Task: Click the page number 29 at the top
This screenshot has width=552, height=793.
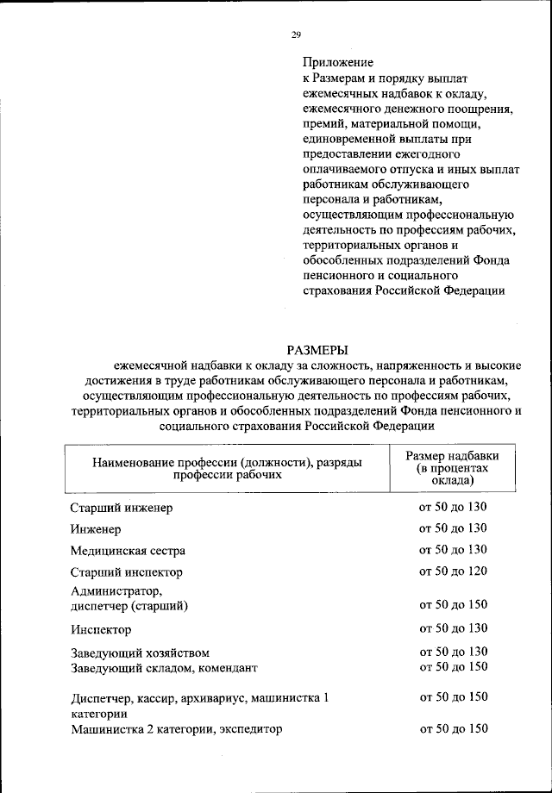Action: (295, 34)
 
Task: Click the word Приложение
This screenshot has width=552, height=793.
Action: (337, 62)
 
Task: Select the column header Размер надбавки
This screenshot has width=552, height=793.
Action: (453, 455)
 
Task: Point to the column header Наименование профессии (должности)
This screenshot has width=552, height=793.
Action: (228, 462)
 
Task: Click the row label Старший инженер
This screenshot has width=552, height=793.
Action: (122, 508)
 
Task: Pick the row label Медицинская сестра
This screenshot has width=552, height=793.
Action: (128, 550)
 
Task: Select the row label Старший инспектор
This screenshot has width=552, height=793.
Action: (126, 571)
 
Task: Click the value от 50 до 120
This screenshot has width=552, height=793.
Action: (453, 571)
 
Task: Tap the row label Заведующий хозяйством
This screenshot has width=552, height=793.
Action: (140, 653)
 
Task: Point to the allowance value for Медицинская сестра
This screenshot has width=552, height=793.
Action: (453, 549)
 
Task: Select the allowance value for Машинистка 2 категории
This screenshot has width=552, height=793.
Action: (453, 728)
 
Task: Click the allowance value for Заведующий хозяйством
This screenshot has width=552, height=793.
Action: (453, 652)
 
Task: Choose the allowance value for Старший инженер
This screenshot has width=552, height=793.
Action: (453, 507)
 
